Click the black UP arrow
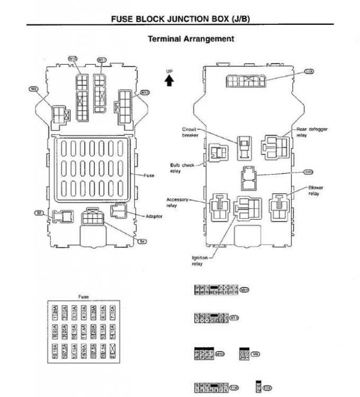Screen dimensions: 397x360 pyautogui.click(x=169, y=80)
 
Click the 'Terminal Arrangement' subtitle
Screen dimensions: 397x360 pyautogui.click(x=190, y=39)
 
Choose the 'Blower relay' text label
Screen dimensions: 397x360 pyautogui.click(x=316, y=191)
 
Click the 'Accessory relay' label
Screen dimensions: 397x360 pyautogui.click(x=177, y=202)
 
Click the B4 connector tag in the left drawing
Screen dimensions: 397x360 pyautogui.click(x=142, y=241)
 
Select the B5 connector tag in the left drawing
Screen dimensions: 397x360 pyautogui.click(x=39, y=213)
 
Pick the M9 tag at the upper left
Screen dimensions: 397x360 pyautogui.click(x=34, y=89)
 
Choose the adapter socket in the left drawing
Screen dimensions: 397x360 pyautogui.click(x=118, y=211)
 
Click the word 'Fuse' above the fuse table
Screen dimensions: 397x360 pyautogui.click(x=83, y=297)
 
